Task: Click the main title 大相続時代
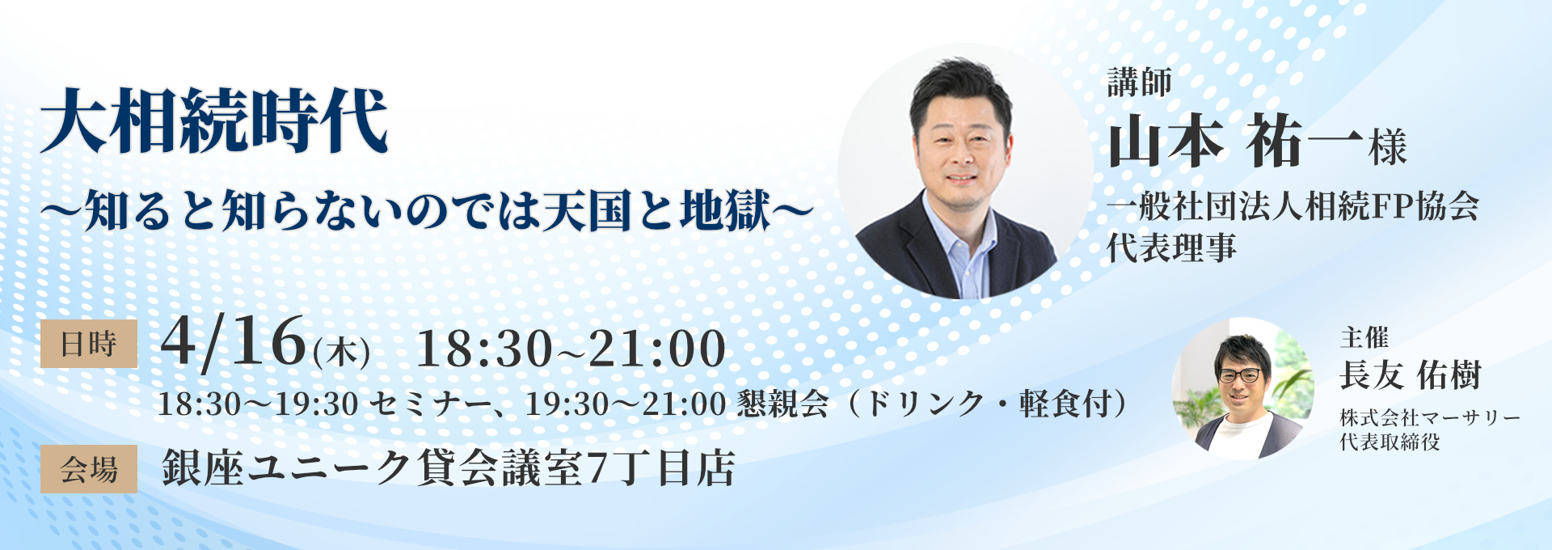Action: pyautogui.click(x=215, y=121)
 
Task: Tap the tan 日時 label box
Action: pyautogui.click(x=89, y=344)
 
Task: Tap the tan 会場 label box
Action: pyautogui.click(x=89, y=469)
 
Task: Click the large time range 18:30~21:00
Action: pyautogui.click(x=571, y=349)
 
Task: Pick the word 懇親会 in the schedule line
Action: pyautogui.click(x=782, y=404)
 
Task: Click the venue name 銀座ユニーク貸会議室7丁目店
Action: pyautogui.click(x=449, y=468)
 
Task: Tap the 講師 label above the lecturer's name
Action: pyautogui.click(x=1139, y=82)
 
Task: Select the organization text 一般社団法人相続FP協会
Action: pyautogui.click(x=1293, y=207)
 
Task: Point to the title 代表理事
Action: pyautogui.click(x=1171, y=247)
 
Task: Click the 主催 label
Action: pyautogui.click(x=1364, y=336)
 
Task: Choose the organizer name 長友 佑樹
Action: pyautogui.click(x=1410, y=375)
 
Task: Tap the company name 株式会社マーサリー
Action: pyautogui.click(x=1429, y=418)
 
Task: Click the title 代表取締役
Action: pyautogui.click(x=1390, y=442)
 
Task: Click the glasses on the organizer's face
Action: pyautogui.click(x=1239, y=375)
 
